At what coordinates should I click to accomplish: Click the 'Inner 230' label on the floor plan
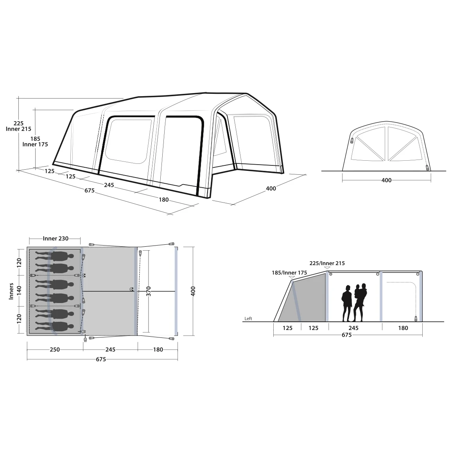(56, 239)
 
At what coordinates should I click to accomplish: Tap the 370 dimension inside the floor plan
(149, 291)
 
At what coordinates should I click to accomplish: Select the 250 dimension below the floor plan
(55, 350)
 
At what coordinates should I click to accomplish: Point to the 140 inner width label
(19, 290)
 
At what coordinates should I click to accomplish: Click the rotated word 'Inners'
(11, 291)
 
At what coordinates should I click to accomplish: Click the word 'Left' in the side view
(248, 319)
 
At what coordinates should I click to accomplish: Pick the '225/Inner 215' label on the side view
(327, 263)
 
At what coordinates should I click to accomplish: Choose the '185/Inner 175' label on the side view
(289, 273)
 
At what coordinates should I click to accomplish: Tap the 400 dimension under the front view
(387, 180)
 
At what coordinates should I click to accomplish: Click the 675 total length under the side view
(346, 335)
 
